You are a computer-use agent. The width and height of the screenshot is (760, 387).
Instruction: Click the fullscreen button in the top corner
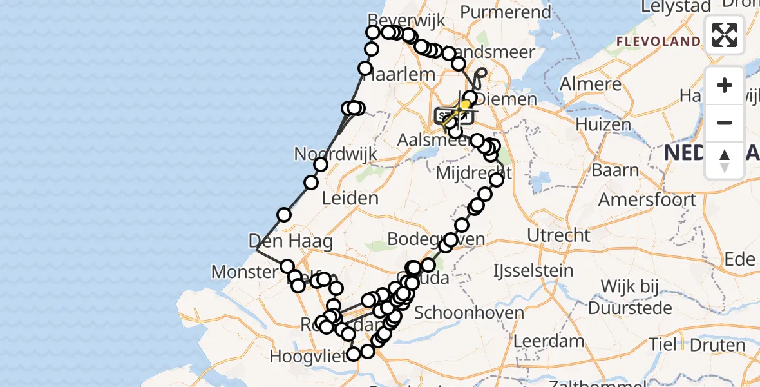tap(725, 35)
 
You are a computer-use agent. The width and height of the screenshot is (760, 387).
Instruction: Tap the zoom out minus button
tap(725, 123)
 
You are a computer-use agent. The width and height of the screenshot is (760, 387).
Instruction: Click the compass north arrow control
tap(725, 160)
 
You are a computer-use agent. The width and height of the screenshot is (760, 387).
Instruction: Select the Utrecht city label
tap(558, 235)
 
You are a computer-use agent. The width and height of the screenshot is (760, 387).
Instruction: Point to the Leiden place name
tap(349, 198)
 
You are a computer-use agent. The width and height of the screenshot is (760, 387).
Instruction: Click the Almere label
tap(590, 84)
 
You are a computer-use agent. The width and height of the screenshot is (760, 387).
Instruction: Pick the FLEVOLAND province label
tap(658, 41)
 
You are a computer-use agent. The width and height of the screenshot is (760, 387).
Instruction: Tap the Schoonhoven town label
tap(460, 313)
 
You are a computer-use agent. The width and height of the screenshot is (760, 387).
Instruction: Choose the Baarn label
tap(616, 171)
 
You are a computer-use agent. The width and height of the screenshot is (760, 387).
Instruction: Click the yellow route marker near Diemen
tap(464, 104)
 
